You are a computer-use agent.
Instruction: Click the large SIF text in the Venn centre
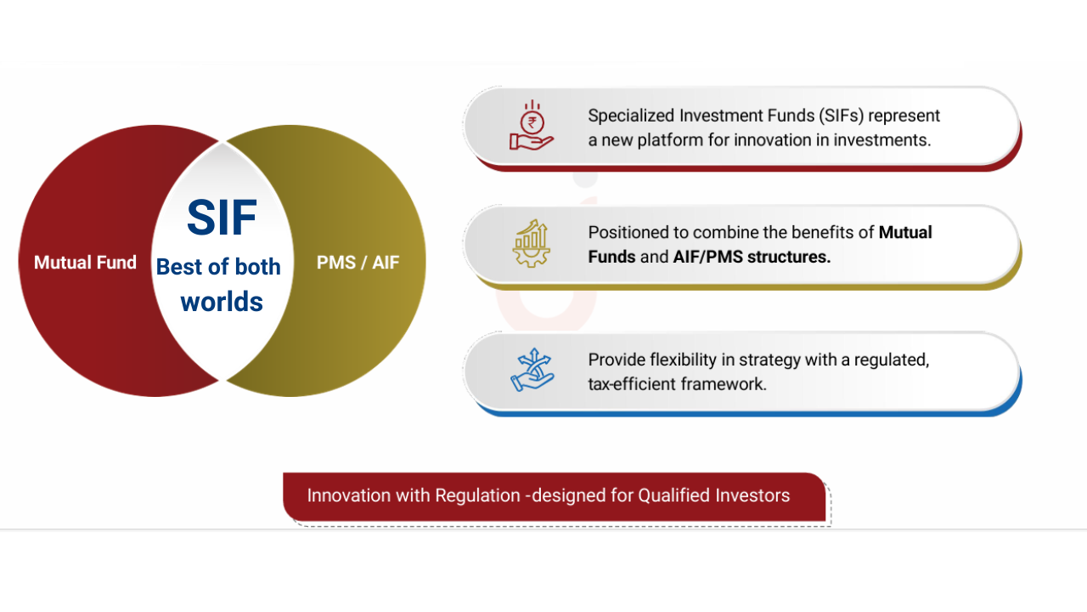(x=222, y=217)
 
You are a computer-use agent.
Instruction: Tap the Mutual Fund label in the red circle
(x=86, y=263)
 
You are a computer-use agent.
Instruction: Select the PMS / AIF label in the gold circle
(x=358, y=263)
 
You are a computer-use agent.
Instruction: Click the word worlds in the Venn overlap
(x=222, y=302)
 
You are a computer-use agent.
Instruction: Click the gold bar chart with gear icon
(x=532, y=243)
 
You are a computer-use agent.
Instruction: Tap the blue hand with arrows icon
(x=532, y=370)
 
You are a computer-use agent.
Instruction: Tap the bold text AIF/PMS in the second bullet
(x=708, y=257)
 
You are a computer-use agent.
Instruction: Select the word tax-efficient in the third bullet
(x=633, y=384)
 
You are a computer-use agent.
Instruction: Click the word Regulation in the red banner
(x=477, y=496)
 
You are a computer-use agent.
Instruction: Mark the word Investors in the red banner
(x=744, y=496)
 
